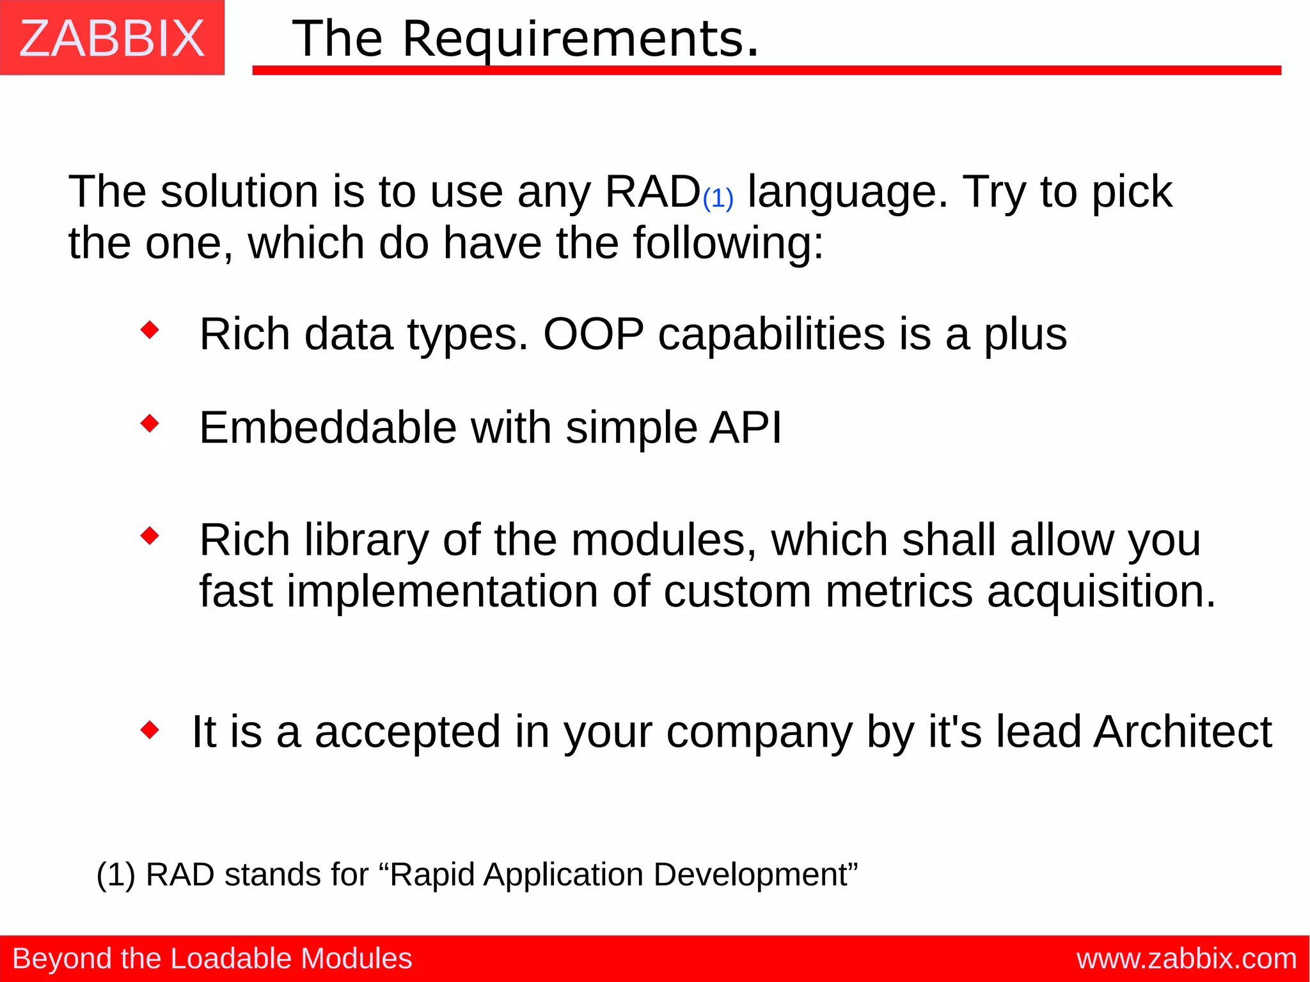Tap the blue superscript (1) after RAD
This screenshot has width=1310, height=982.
tap(718, 198)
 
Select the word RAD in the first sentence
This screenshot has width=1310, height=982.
tap(652, 191)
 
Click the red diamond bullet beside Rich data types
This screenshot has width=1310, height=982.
tap(150, 330)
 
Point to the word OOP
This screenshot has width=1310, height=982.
tap(593, 334)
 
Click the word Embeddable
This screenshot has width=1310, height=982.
tap(327, 427)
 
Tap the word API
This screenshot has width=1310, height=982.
tap(746, 427)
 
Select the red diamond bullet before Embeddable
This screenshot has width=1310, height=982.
tap(150, 424)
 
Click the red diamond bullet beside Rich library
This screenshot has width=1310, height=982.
tap(150, 535)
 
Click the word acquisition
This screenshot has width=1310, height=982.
tap(1100, 591)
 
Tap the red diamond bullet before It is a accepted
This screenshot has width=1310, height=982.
tap(150, 729)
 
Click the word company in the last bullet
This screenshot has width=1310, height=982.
tap(759, 733)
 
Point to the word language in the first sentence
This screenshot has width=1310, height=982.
tap(848, 192)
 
